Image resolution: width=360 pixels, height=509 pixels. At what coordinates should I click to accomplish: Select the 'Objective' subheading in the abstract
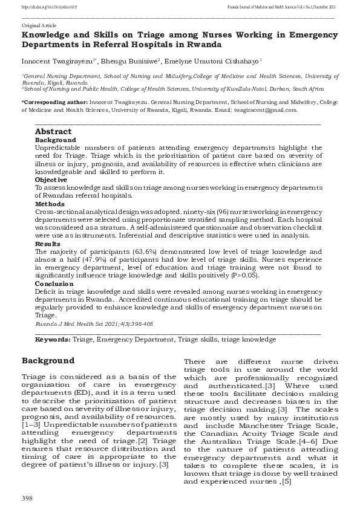[x=51, y=180]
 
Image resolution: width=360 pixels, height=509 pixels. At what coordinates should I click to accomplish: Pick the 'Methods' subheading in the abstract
[x=50, y=204]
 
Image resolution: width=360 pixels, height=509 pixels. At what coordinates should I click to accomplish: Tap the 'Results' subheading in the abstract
[x=48, y=243]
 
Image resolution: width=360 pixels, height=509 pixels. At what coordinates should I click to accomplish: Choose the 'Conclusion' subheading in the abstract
[x=53, y=283]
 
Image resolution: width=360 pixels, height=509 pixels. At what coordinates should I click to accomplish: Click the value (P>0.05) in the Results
[x=244, y=275]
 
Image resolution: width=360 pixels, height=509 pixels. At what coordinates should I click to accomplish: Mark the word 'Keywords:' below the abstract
[x=53, y=340]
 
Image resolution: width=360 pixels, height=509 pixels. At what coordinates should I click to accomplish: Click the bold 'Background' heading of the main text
[x=48, y=361]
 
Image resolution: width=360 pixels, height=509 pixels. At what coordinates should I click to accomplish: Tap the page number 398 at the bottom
[x=27, y=497]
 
